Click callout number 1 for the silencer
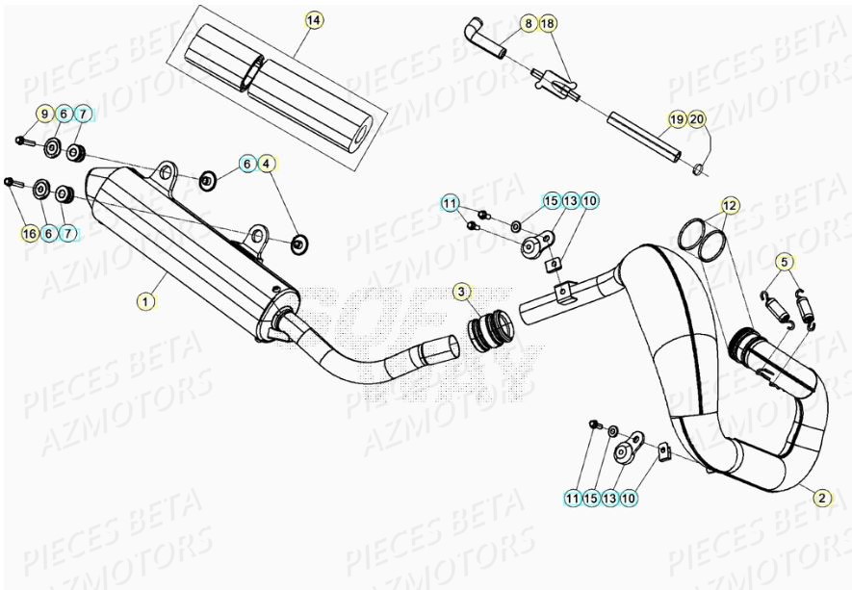[x=145, y=301]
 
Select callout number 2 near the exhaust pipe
[x=821, y=498]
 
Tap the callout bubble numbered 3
[x=463, y=291]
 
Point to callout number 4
[x=266, y=164]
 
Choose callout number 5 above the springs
[x=785, y=261]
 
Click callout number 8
[x=529, y=22]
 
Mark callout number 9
[x=44, y=115]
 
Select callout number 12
[x=731, y=205]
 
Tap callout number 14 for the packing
[x=313, y=20]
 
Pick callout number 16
[x=29, y=233]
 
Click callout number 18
[x=548, y=22]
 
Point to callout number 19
[x=678, y=119]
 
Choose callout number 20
[x=697, y=119]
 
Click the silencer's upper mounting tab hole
[x=168, y=173]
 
